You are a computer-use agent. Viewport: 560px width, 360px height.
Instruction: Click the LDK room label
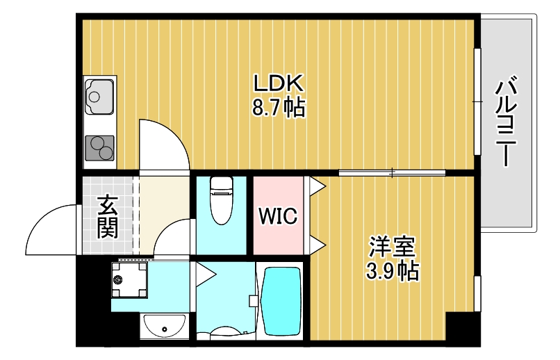pos(278,84)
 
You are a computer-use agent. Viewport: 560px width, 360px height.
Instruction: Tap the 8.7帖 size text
pos(278,108)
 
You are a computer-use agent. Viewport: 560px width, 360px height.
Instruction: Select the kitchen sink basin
pos(99,95)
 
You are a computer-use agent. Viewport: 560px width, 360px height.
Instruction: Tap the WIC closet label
pos(278,216)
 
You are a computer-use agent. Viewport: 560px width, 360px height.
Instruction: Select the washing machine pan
pos(129,279)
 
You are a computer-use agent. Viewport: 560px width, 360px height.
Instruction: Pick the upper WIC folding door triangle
pos(317,186)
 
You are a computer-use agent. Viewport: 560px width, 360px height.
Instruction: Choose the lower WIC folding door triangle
pos(317,245)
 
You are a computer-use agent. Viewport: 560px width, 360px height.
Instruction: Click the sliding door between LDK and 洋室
pos(392,172)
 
